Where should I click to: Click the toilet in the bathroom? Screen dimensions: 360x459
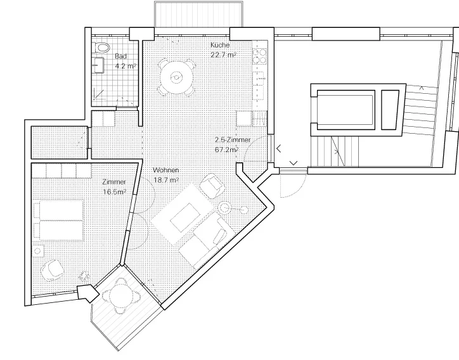click(x=101, y=47)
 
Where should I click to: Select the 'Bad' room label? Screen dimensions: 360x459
click(x=120, y=56)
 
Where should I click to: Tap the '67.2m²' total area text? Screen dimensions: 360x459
click(x=227, y=150)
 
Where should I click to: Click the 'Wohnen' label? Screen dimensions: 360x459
click(x=165, y=170)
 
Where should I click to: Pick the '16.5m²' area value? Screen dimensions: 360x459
click(x=114, y=190)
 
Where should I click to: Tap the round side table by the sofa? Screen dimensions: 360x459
click(x=226, y=207)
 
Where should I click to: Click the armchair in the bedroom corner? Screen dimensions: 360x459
click(x=52, y=269)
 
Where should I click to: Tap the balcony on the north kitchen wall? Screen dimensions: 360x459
click(x=198, y=15)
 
